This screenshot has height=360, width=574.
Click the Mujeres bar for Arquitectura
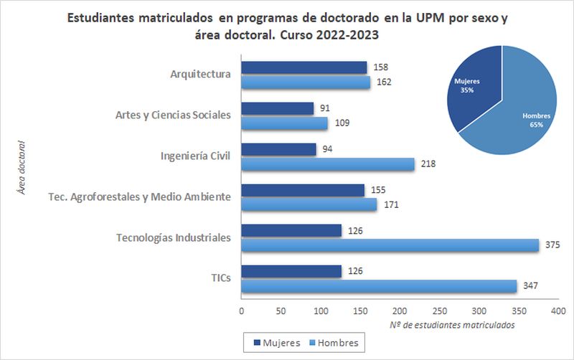(304, 67)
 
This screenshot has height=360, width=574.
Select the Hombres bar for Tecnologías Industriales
(390, 245)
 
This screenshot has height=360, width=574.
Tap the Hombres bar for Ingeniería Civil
(327, 164)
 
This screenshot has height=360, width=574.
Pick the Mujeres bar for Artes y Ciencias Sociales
(277, 108)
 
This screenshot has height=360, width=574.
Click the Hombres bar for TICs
(378, 286)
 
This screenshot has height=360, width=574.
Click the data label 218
(428, 164)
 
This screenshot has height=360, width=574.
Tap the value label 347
(530, 286)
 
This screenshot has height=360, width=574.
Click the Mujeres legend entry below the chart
(273, 343)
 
